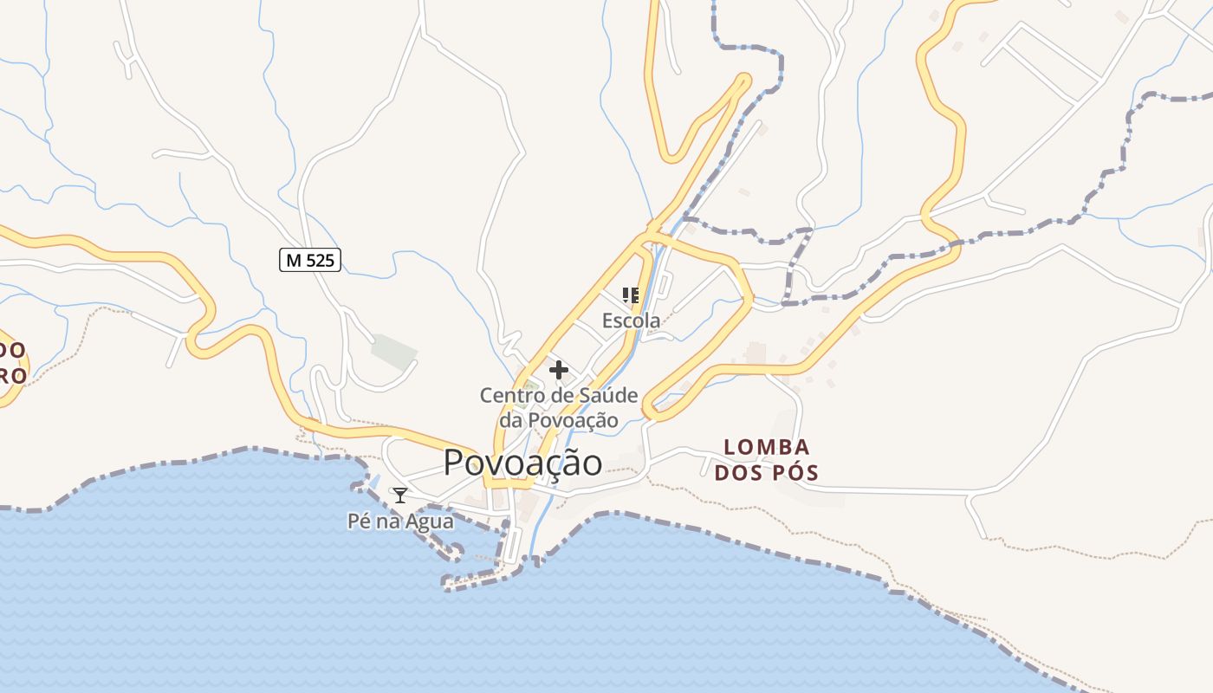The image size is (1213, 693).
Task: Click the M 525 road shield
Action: point(310,259)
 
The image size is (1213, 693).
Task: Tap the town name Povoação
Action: point(522,463)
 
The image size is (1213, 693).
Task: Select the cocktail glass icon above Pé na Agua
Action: point(399,495)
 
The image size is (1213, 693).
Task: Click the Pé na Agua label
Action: point(400,521)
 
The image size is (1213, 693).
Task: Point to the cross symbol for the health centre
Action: point(559,371)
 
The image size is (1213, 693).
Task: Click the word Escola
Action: point(631,321)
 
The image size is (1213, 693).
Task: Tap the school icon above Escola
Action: point(631,295)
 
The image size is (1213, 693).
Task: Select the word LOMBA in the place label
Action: point(767,448)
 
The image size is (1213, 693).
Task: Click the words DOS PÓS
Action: point(767,473)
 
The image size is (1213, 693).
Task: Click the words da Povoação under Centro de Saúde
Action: point(559,421)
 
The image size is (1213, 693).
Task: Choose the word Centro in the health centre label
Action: point(509,396)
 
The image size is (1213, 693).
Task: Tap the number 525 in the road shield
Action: point(321,259)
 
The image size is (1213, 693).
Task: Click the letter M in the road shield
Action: point(294,259)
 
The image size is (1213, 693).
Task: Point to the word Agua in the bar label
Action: point(431,521)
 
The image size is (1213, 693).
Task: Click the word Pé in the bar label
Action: point(358,521)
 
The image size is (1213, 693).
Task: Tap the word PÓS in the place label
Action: point(795,473)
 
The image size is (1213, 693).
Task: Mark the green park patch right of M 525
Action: point(394,351)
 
